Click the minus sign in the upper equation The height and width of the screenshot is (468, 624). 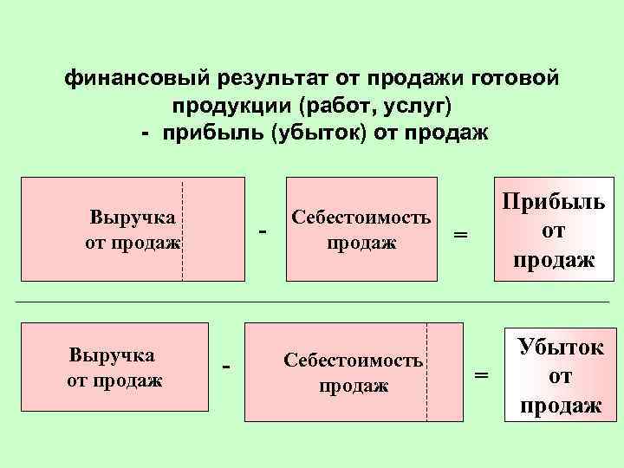click(x=263, y=231)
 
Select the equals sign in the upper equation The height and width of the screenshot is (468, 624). click(x=461, y=234)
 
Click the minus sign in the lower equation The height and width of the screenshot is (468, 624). click(x=226, y=367)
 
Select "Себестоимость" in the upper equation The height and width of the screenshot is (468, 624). click(x=361, y=217)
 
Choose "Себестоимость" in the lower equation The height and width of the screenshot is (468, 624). click(x=354, y=360)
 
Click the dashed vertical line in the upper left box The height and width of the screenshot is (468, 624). click(x=183, y=231)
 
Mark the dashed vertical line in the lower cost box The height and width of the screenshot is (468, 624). click(x=427, y=371)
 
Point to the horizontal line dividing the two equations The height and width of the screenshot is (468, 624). click(x=312, y=302)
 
